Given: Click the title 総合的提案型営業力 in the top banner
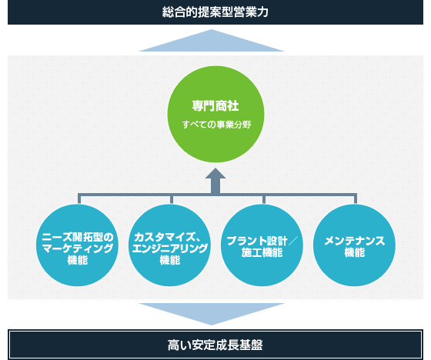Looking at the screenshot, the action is click(215, 12).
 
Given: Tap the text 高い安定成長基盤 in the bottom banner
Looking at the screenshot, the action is click(215, 345).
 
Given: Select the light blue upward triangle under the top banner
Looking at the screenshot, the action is click(212, 41).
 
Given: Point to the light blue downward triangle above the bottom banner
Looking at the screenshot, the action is click(212, 314).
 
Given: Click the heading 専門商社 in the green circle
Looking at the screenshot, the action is click(215, 106).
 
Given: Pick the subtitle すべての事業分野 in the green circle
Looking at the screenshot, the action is click(216, 125).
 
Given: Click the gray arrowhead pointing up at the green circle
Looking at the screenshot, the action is click(215, 173).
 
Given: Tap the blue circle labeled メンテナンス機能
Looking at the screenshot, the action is click(354, 245).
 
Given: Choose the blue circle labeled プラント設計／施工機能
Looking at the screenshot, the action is click(262, 245).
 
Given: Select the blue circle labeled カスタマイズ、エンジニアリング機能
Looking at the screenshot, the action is click(169, 245).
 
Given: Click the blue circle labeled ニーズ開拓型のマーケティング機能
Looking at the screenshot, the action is click(77, 245).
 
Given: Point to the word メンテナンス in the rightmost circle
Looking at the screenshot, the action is click(355, 241).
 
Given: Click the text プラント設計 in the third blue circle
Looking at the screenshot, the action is click(257, 241).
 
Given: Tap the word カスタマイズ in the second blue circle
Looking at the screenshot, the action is click(165, 237).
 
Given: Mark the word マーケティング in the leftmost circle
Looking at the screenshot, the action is click(78, 248).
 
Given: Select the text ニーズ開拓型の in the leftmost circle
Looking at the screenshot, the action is click(78, 237).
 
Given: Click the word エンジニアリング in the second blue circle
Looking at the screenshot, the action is click(170, 248).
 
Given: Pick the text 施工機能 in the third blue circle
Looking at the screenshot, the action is click(262, 252).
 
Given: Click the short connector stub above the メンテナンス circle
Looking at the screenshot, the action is click(356, 198).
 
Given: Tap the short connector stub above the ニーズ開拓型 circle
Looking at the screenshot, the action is click(79, 198).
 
